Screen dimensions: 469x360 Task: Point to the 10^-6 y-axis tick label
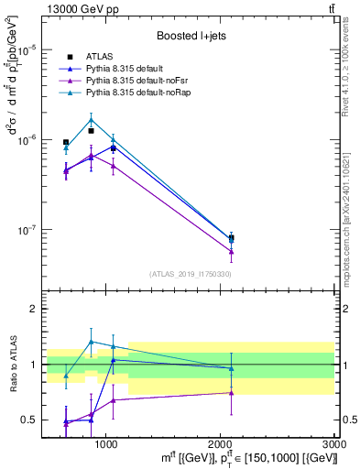(27, 139)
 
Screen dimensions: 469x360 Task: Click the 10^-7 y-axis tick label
(27, 230)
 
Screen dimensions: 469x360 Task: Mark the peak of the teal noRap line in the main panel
(91, 118)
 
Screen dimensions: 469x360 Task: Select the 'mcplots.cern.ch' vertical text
(351, 247)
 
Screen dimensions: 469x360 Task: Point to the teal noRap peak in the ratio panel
(91, 342)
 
